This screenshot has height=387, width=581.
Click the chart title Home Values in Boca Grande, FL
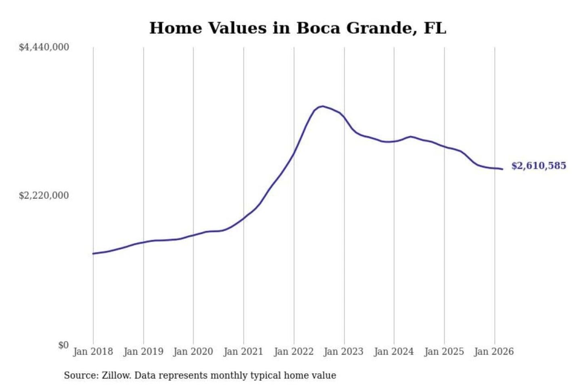[298, 28]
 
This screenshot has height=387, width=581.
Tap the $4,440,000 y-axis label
[44, 47]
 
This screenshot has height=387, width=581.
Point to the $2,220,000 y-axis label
[44, 196]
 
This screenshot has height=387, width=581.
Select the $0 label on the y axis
[63, 345]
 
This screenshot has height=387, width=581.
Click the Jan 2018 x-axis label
[93, 352]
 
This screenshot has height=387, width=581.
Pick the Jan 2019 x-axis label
[143, 352]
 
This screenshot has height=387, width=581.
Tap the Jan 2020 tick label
[193, 352]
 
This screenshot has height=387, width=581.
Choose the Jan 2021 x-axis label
[243, 352]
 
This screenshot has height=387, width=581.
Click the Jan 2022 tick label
[294, 352]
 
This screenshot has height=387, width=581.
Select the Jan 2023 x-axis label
[344, 352]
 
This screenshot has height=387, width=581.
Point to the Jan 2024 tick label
[394, 352]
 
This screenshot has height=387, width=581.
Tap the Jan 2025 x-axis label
[444, 352]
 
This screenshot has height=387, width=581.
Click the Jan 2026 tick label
[494, 352]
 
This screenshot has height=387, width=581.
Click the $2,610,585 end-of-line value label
[539, 166]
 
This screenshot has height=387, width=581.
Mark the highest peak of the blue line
[322, 106]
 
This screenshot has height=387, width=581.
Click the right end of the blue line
[502, 169]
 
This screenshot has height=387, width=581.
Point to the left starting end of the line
[93, 254]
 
